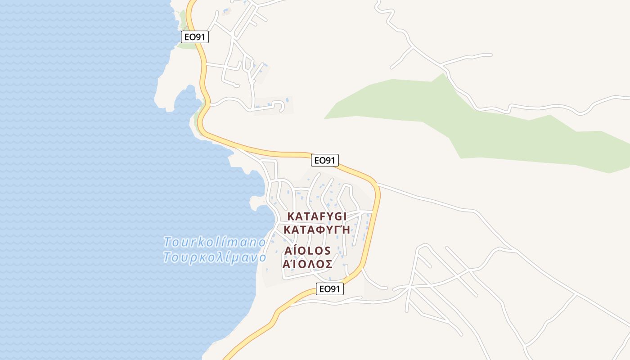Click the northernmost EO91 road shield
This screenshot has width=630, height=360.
[x=195, y=37]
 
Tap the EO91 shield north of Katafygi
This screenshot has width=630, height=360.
[x=324, y=160]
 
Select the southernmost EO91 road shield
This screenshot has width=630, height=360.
[x=330, y=289]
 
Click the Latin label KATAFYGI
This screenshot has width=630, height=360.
[x=317, y=216]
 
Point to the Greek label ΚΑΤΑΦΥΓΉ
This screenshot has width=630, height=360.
[x=317, y=229]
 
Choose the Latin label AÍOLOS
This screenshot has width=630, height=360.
[x=308, y=251]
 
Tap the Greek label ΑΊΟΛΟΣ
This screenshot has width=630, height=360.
[x=308, y=264]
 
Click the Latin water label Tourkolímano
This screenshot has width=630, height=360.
[x=215, y=242]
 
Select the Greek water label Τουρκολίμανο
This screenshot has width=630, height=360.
[x=215, y=258]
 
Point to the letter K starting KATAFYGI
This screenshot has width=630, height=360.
[x=291, y=216]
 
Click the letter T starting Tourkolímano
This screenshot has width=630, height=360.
[x=168, y=242]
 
